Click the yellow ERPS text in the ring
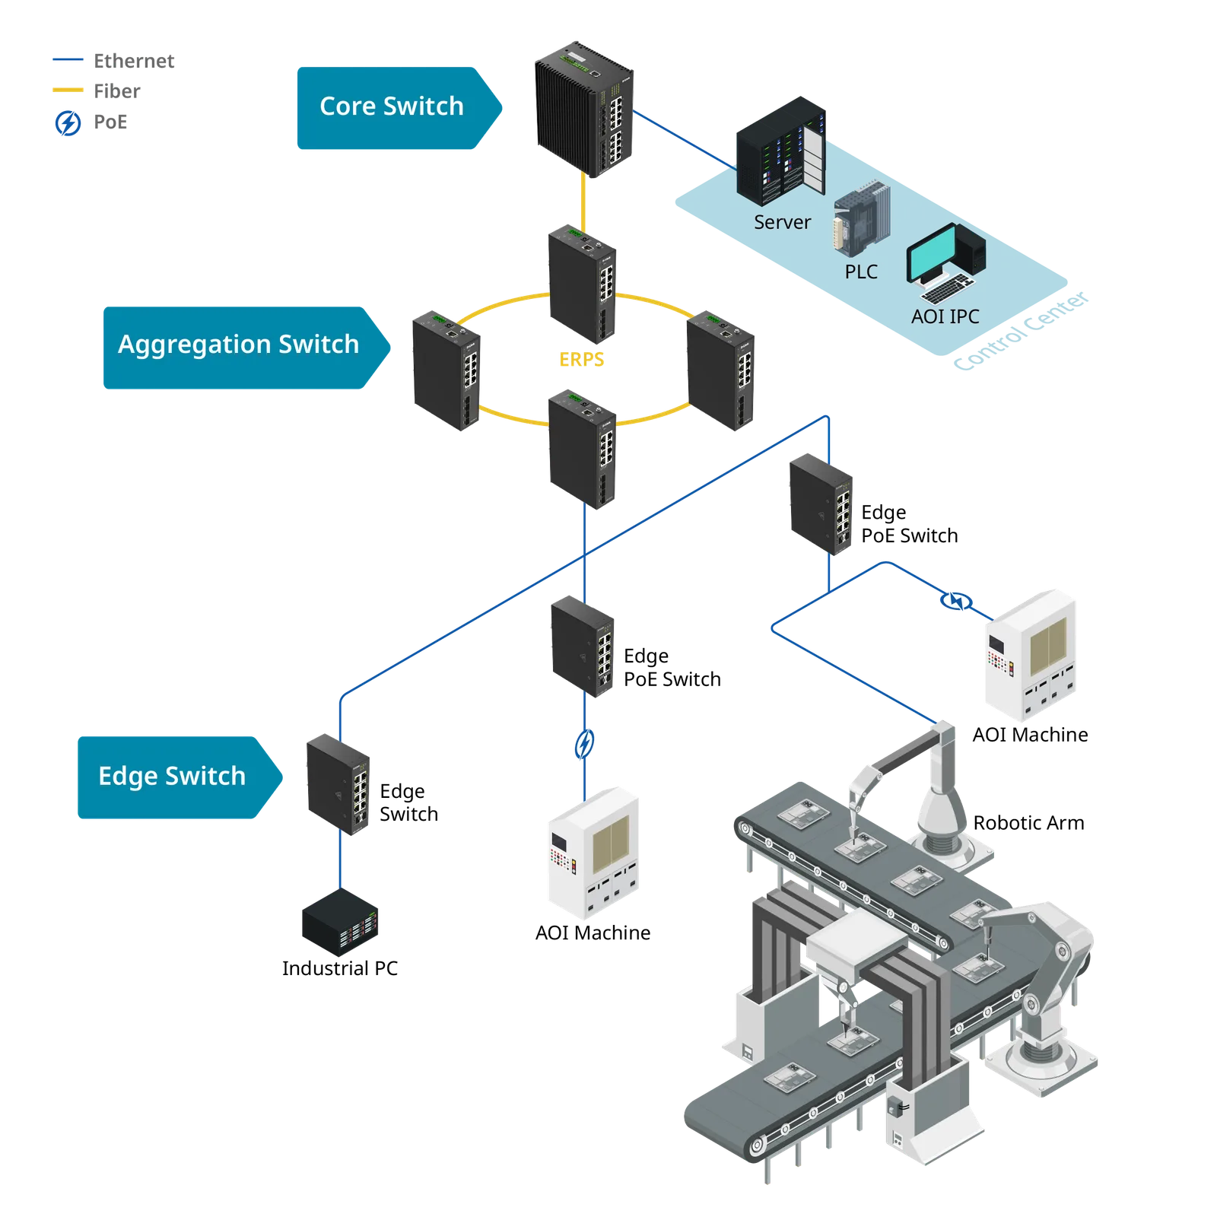pos(581,359)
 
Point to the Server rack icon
pos(780,151)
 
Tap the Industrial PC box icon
pos(340,922)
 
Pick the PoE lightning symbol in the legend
pos(68,122)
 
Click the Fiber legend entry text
pos(117,91)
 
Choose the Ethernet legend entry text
pos(134,61)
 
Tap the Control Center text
pos(1021,331)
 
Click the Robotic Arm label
pos(1028,823)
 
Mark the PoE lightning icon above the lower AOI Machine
pos(584,744)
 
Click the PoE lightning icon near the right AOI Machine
pos(957,602)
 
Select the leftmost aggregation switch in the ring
pos(446,370)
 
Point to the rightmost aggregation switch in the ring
pos(720,370)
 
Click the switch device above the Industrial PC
pos(338,784)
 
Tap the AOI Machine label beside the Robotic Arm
pos(1030,735)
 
